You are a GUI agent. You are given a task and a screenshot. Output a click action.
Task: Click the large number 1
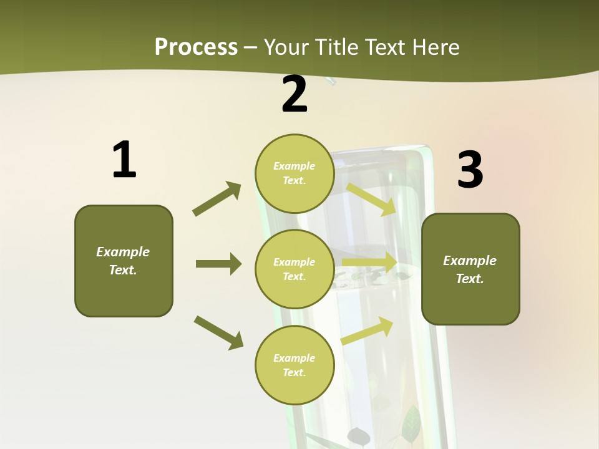pos(124,160)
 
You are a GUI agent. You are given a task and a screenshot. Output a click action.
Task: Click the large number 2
pos(295,94)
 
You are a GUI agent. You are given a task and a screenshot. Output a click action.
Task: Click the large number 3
pos(470,170)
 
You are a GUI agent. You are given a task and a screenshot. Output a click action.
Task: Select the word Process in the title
pos(196,47)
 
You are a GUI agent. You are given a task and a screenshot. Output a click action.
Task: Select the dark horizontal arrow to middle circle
pos(218,264)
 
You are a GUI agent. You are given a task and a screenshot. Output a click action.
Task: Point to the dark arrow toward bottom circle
pos(219,332)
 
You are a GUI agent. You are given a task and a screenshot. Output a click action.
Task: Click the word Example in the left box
pos(123,252)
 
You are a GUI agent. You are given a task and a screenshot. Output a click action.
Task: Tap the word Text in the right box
pos(469,279)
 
